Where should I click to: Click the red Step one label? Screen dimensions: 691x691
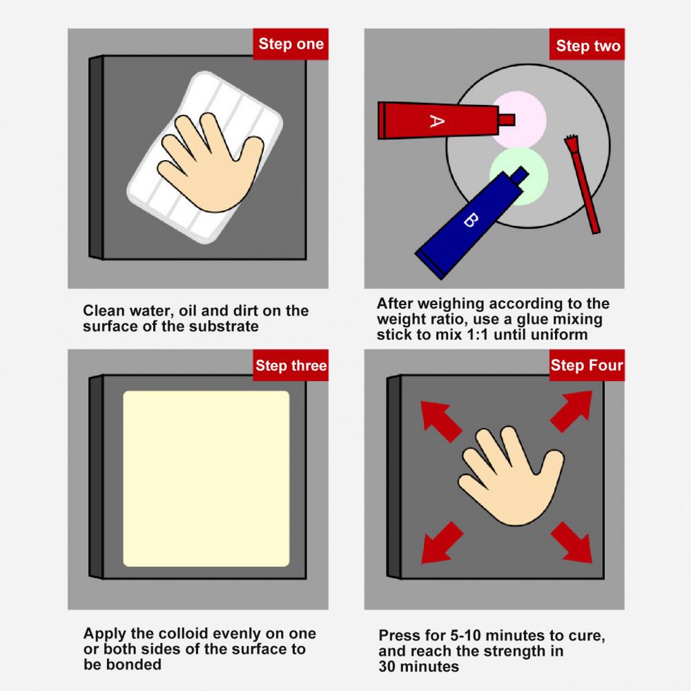(291, 44)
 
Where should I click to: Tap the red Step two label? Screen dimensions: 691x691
(587, 44)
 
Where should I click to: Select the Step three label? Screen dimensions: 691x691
(291, 365)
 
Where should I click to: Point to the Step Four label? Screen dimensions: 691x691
(587, 365)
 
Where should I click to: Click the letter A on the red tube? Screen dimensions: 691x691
(437, 121)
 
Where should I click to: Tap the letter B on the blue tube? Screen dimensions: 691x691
(471, 220)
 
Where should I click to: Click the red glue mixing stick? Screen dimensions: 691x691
(583, 184)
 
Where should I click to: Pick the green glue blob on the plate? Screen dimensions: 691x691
(520, 176)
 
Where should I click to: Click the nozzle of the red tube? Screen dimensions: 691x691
(507, 120)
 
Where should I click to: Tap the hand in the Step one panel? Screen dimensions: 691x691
(211, 162)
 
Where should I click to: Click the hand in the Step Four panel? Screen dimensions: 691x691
(512, 476)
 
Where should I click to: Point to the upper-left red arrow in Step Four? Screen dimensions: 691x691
(440, 421)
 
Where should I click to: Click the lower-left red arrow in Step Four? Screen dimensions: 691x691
(441, 543)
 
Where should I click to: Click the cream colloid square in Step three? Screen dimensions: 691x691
(206, 478)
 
